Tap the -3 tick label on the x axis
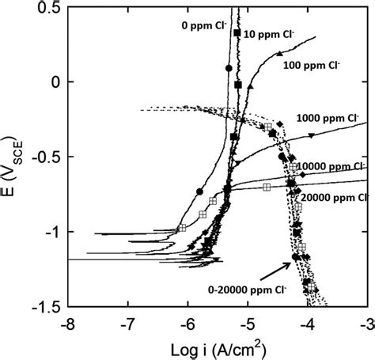[x=366, y=323]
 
